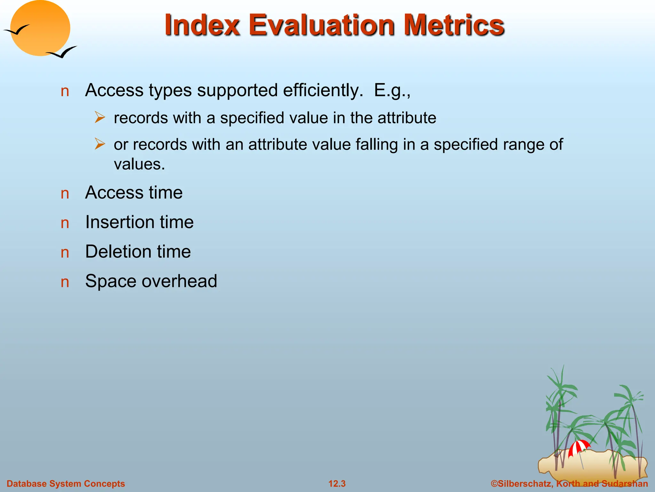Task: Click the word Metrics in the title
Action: [x=454, y=26]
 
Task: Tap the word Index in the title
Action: [x=202, y=26]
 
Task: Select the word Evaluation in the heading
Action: [x=322, y=26]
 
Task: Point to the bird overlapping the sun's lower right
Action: [x=62, y=53]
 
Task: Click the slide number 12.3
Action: [x=337, y=484]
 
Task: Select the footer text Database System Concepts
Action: [x=66, y=484]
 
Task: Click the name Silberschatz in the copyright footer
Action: [x=525, y=484]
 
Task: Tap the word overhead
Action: [x=179, y=281]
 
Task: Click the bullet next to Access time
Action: [x=65, y=194]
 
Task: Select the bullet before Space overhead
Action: [x=65, y=282]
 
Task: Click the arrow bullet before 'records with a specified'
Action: [x=100, y=118]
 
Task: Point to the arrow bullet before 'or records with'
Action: [x=100, y=144]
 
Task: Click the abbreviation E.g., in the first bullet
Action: [x=392, y=91]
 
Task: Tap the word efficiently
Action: [x=323, y=91]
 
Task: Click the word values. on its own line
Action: [x=139, y=165]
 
